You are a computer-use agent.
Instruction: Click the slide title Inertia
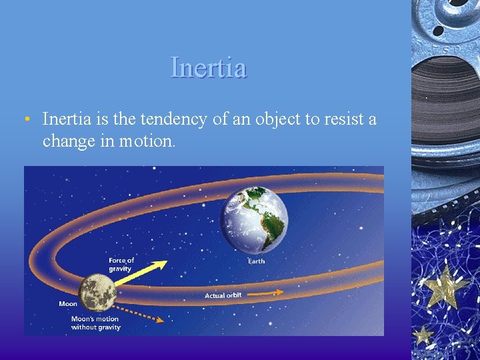pyautogui.click(x=209, y=67)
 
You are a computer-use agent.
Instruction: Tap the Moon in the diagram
pyautogui.click(x=98, y=293)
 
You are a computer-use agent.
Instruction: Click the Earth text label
pyautogui.click(x=256, y=261)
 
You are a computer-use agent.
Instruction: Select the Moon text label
pyautogui.click(x=68, y=303)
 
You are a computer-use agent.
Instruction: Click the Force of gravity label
pyautogui.click(x=121, y=264)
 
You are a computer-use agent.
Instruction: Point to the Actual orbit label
pyautogui.click(x=223, y=295)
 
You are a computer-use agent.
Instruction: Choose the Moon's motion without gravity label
pyautogui.click(x=96, y=323)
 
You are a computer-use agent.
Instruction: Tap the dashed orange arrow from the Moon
pyautogui.click(x=140, y=313)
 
